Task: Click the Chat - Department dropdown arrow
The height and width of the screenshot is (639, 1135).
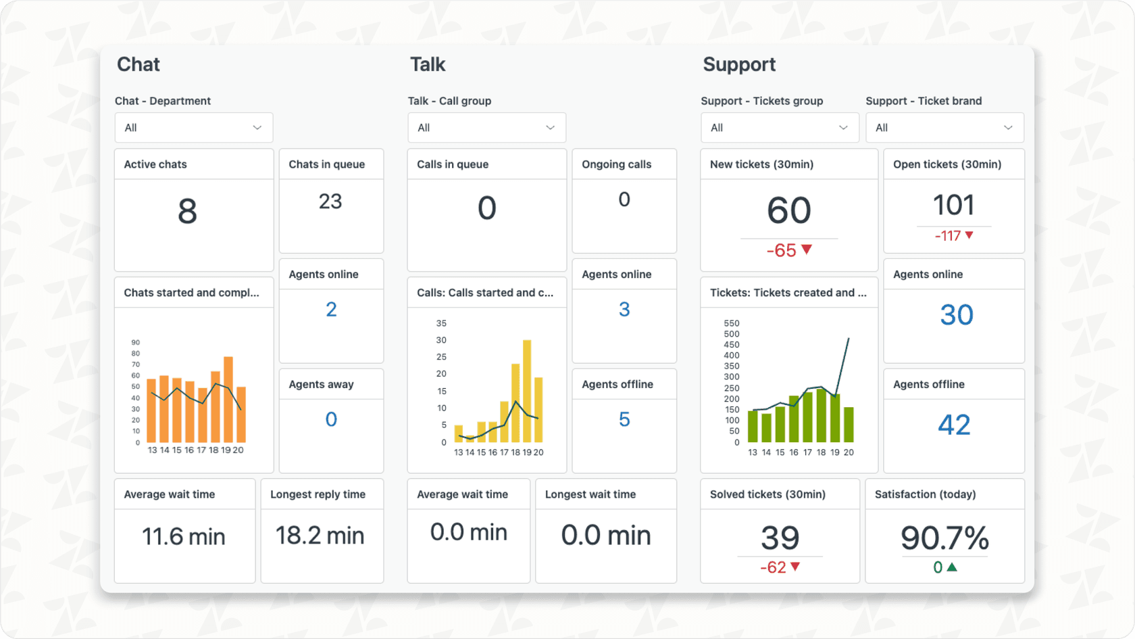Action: (x=257, y=128)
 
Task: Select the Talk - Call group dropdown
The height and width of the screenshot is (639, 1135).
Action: (x=486, y=128)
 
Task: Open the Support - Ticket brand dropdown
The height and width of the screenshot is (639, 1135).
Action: (x=944, y=128)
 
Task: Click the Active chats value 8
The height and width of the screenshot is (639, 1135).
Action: (x=187, y=211)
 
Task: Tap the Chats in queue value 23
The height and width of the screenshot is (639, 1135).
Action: (x=330, y=202)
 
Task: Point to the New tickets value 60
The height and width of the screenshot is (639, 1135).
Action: (x=788, y=210)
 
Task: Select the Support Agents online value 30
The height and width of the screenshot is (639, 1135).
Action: (x=956, y=315)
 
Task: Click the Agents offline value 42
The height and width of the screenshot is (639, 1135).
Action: (x=954, y=425)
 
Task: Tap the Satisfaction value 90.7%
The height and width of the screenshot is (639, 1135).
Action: (x=944, y=538)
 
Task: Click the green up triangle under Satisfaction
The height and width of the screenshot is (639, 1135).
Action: (x=952, y=567)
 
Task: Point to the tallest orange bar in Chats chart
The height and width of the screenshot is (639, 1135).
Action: (x=228, y=399)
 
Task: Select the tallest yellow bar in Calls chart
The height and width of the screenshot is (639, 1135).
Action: (x=527, y=391)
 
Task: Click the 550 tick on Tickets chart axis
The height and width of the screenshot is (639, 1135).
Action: (x=732, y=323)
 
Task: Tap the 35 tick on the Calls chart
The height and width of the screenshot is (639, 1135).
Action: (x=441, y=323)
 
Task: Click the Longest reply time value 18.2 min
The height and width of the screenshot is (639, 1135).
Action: (x=320, y=536)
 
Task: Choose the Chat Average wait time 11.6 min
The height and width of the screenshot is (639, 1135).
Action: (x=183, y=537)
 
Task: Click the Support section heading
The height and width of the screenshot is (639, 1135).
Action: (x=739, y=65)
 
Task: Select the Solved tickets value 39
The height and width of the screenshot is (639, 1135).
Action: (x=780, y=538)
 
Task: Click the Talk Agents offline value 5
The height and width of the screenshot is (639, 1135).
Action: (x=624, y=420)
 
